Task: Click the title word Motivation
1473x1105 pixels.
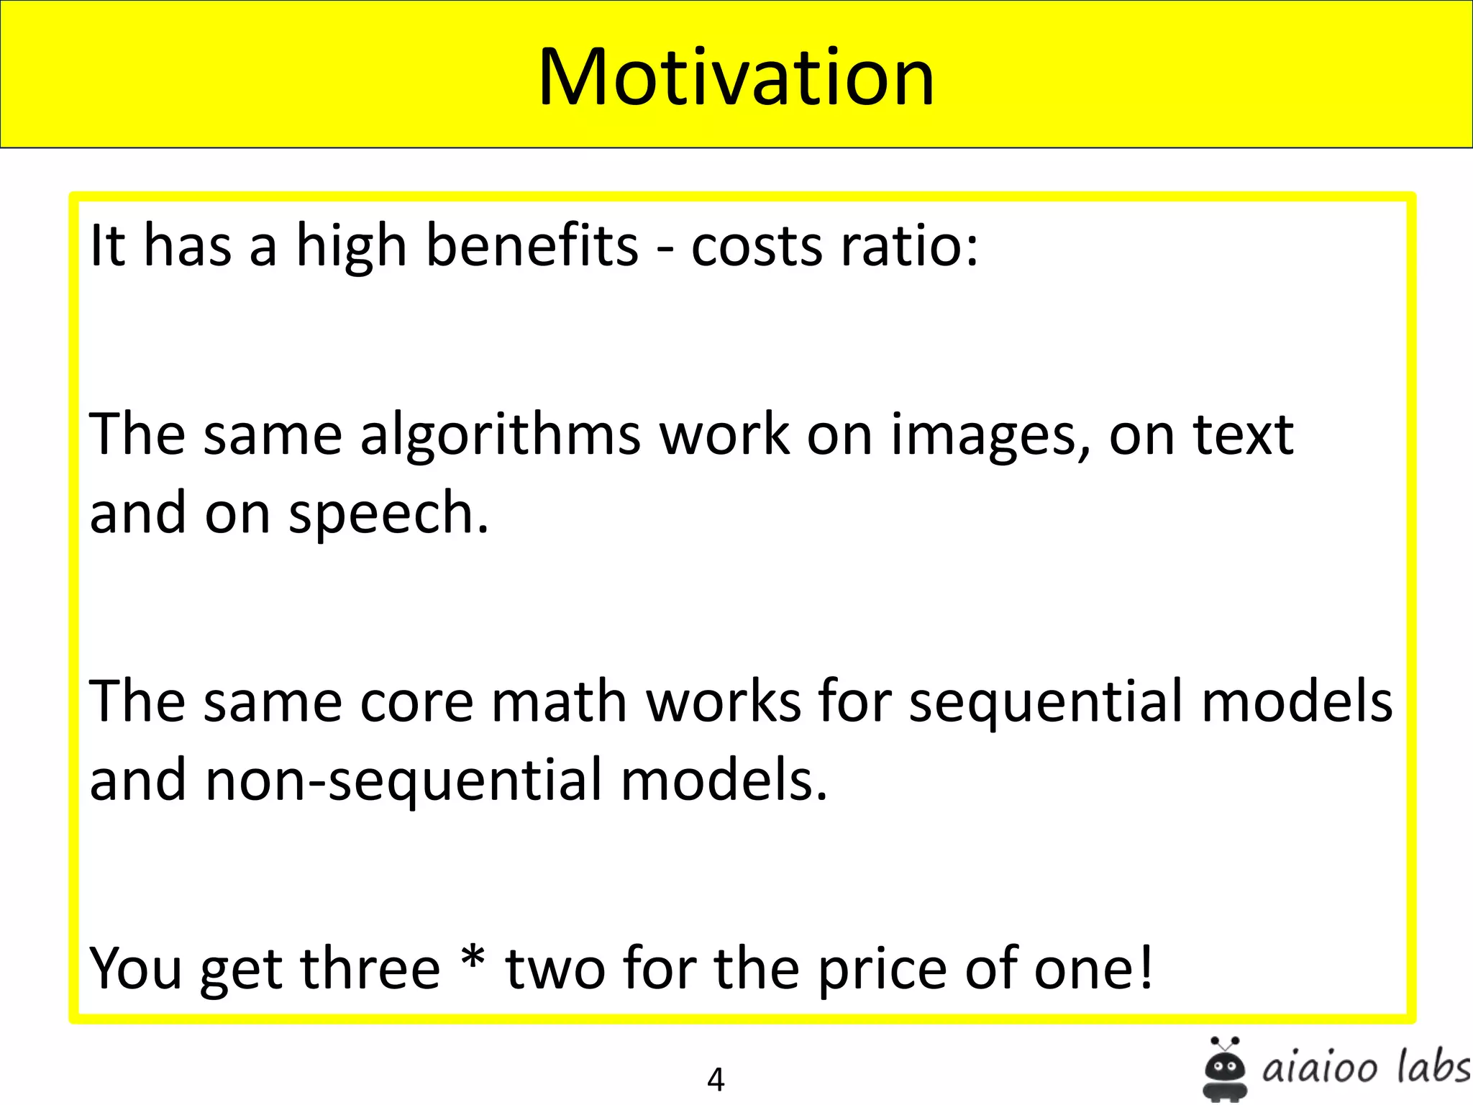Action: click(736, 77)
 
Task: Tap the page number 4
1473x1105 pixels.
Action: click(716, 1079)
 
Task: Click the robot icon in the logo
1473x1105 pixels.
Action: click(1224, 1069)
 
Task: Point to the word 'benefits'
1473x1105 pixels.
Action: click(532, 245)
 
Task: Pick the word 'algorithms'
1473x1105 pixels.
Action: click(500, 436)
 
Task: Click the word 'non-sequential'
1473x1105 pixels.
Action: click(403, 781)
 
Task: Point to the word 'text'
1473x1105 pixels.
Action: click(1243, 436)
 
